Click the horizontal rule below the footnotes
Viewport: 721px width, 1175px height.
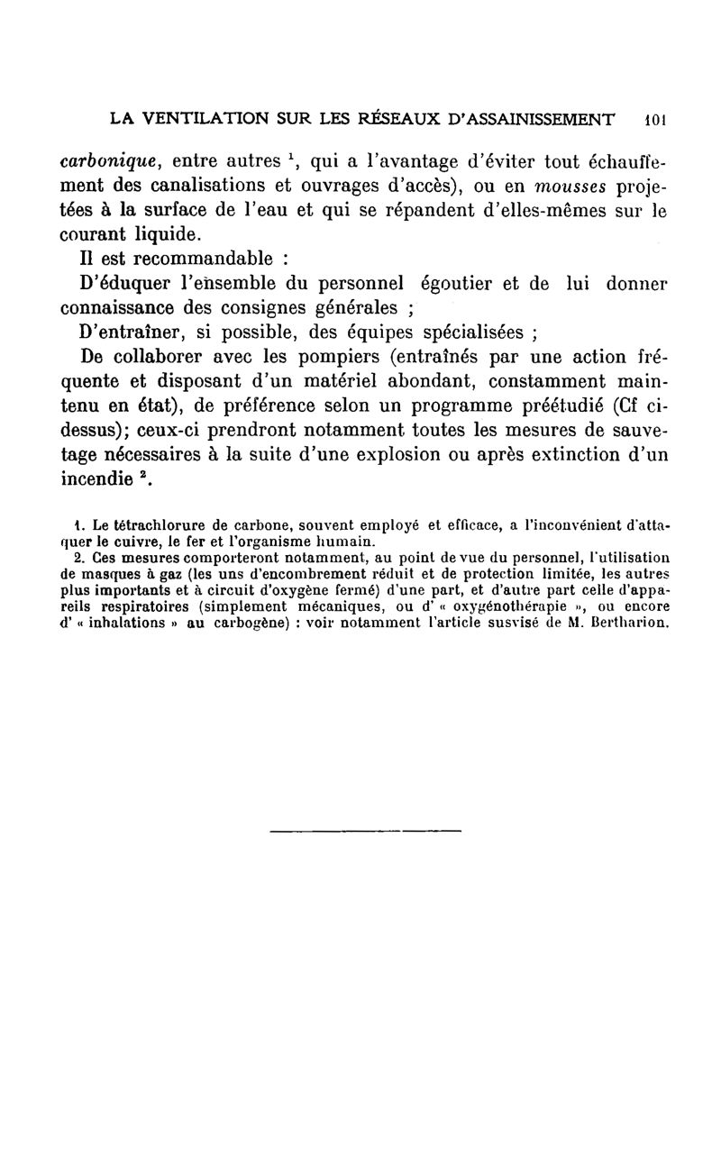coord(365,830)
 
